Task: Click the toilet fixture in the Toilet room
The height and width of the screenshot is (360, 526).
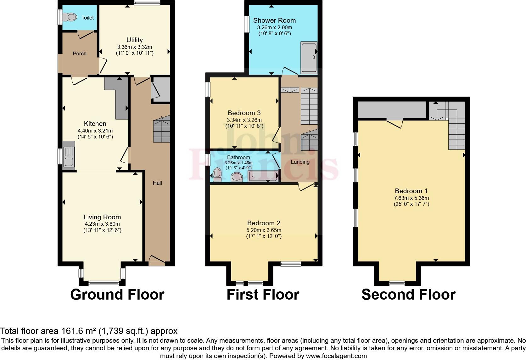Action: pyautogui.click(x=70, y=17)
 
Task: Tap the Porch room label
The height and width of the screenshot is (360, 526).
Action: pyautogui.click(x=79, y=53)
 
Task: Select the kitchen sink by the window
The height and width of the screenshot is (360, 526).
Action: pyautogui.click(x=69, y=156)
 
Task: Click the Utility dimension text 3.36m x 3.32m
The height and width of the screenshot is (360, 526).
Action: pyautogui.click(x=134, y=47)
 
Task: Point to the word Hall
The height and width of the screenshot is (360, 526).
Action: pyautogui.click(x=157, y=183)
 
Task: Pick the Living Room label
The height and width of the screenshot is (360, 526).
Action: pyautogui.click(x=102, y=217)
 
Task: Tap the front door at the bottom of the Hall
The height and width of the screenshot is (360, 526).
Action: pyautogui.click(x=156, y=260)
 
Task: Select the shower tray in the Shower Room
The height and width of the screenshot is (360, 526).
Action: pyautogui.click(x=309, y=58)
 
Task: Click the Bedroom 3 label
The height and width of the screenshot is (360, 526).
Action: pyautogui.click(x=244, y=113)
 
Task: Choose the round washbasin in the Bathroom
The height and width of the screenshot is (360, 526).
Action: pyautogui.click(x=237, y=177)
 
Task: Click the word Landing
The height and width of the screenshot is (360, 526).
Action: pyautogui.click(x=300, y=162)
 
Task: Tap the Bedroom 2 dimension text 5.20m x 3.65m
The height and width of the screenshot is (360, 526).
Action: pyautogui.click(x=264, y=230)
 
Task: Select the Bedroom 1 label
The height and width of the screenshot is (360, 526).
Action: pyautogui.click(x=411, y=191)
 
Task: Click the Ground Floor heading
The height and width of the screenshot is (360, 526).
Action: pyautogui.click(x=117, y=295)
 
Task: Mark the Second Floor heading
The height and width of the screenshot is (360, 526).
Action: pyautogui.click(x=408, y=295)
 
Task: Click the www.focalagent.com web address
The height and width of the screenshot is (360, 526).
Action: pyautogui.click(x=336, y=356)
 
